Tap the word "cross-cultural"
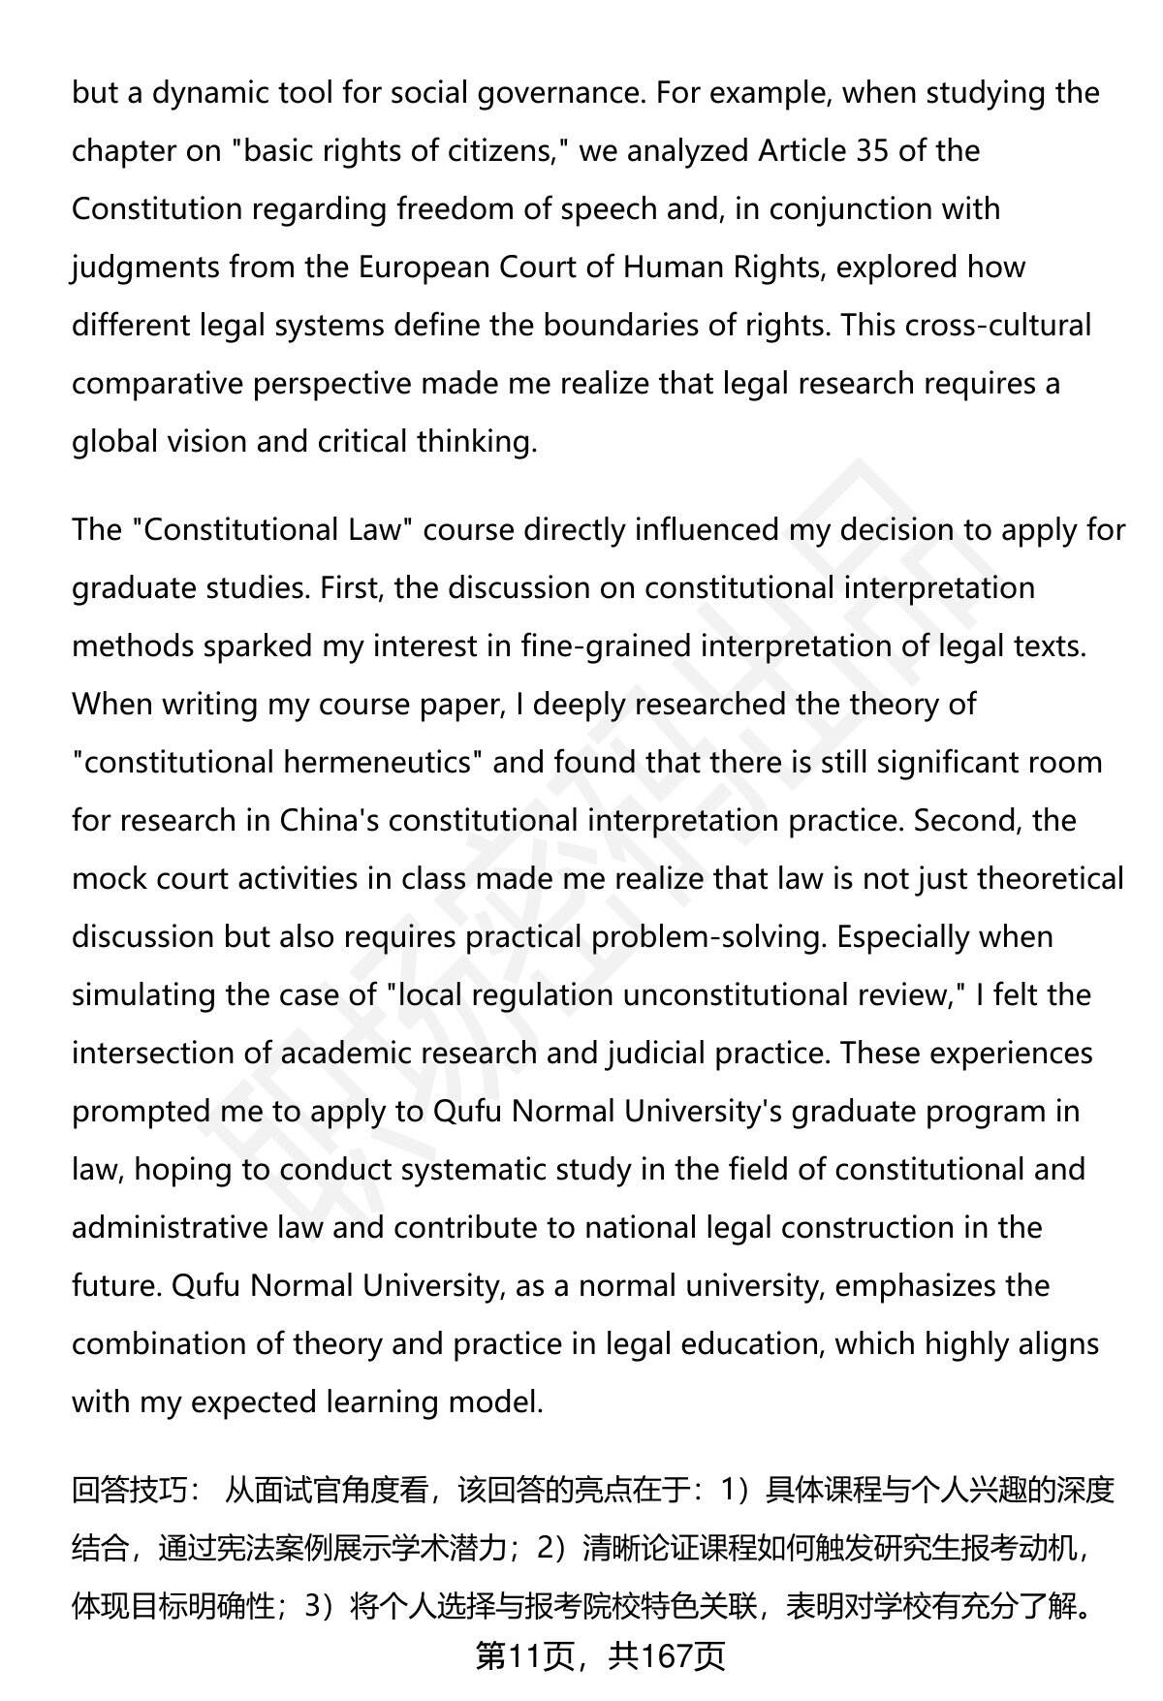(x=998, y=326)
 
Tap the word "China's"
(x=330, y=821)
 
